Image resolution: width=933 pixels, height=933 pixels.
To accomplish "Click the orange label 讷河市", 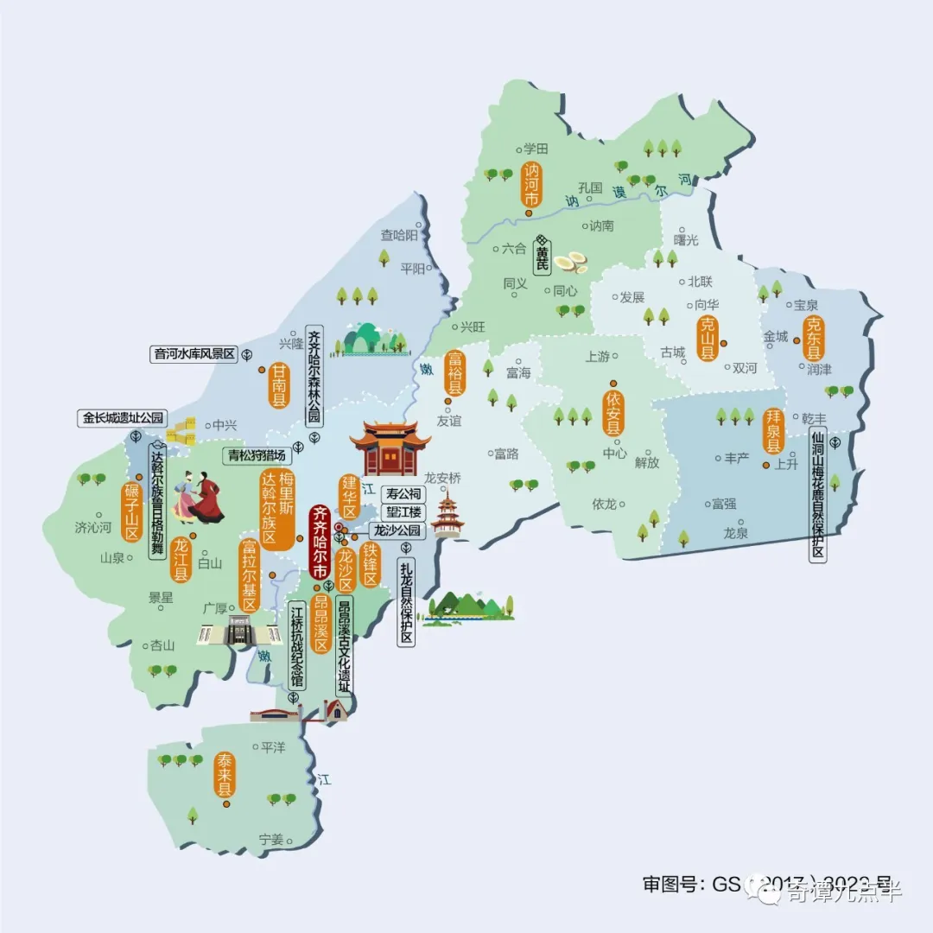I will point(530,185).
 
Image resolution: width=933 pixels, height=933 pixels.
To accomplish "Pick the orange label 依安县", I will point(613,413).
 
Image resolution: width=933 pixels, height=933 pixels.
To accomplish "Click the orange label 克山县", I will point(708,338).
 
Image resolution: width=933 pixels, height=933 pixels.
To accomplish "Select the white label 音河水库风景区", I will point(194,353).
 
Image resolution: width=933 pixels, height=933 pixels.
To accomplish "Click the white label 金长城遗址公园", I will point(124,417).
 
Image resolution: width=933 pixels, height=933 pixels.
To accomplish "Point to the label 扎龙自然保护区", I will point(407,602).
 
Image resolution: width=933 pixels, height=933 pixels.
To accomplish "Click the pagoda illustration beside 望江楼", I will point(447,513).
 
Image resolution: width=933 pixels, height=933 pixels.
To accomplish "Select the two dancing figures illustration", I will point(198,498).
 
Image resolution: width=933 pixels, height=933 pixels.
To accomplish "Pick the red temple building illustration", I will point(390,448).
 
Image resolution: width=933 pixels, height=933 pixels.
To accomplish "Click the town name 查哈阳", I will point(399,234).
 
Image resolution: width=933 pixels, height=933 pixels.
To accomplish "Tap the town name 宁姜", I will point(271,839).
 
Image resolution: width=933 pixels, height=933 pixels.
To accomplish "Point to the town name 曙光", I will point(685,239).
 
